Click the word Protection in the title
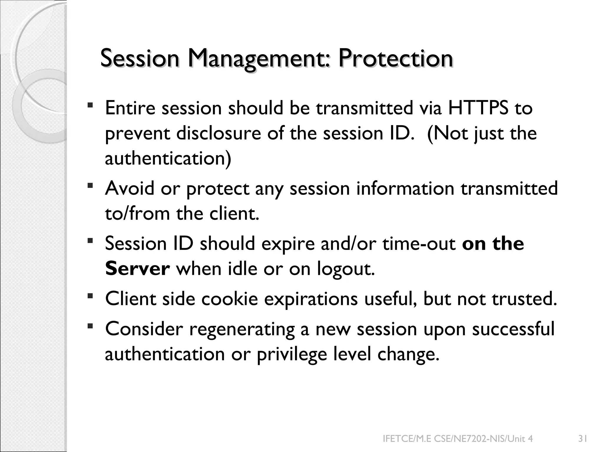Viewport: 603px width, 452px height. (395, 58)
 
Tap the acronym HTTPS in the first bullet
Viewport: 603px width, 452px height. (478, 108)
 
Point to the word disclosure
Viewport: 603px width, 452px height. (218, 133)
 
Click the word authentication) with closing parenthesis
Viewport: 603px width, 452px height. (168, 158)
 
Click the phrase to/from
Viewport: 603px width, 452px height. (137, 213)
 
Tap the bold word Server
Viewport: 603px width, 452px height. (138, 269)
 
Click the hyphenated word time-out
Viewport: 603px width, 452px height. (419, 244)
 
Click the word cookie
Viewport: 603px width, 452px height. (230, 299)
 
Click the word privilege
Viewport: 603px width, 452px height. (292, 354)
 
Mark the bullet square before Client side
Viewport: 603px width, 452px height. (90, 295)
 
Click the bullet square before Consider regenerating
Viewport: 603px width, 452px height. (90, 325)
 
